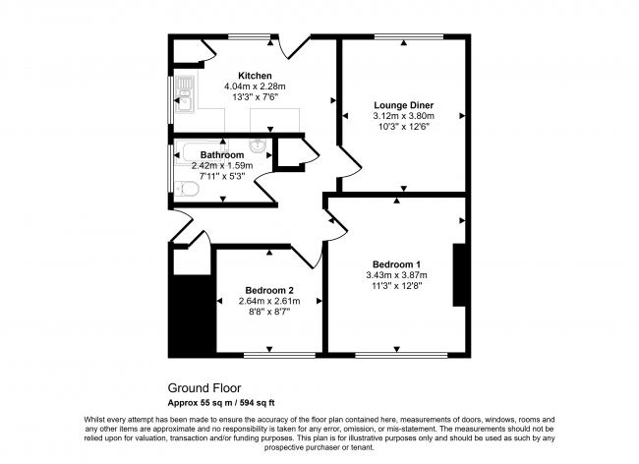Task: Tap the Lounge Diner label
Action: click(x=403, y=104)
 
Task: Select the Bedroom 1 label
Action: click(x=396, y=263)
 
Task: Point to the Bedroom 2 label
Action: click(x=269, y=290)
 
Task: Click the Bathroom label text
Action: click(x=221, y=155)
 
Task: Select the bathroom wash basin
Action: click(x=258, y=147)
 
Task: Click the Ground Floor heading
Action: click(x=203, y=388)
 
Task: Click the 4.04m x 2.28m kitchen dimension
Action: click(x=255, y=87)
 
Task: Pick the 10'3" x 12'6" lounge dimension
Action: click(x=403, y=126)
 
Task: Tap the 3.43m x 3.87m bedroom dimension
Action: click(x=396, y=275)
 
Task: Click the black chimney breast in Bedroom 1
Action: click(x=457, y=276)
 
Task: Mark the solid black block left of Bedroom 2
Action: click(x=192, y=315)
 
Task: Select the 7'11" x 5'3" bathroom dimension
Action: click(x=221, y=177)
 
